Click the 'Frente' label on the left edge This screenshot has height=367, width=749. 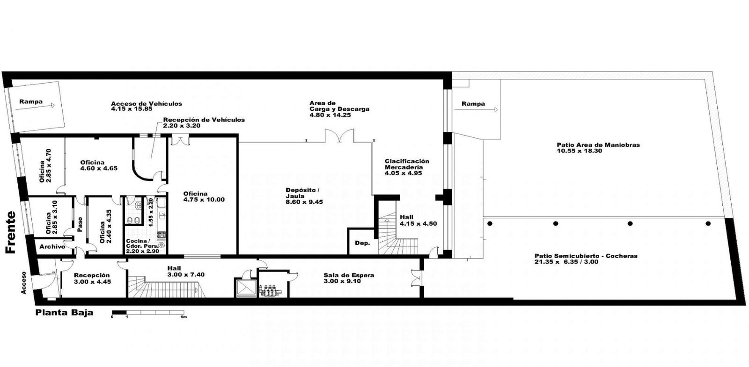pyautogui.click(x=11, y=232)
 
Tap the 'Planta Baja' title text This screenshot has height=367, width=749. pyautogui.click(x=64, y=313)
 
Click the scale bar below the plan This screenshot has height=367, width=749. pyautogui.click(x=148, y=313)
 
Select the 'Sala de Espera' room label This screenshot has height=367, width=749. pyautogui.click(x=349, y=275)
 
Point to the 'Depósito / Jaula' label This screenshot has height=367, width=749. pyautogui.click(x=302, y=193)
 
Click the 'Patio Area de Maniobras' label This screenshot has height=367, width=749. pyautogui.click(x=598, y=145)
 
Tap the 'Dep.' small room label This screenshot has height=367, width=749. pyautogui.click(x=362, y=243)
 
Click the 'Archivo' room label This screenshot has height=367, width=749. pyautogui.click(x=52, y=247)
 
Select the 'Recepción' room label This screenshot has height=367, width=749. pyautogui.click(x=92, y=275)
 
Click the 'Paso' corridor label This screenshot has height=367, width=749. pyautogui.click(x=80, y=224)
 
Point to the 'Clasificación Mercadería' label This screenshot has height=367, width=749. pyautogui.click(x=407, y=164)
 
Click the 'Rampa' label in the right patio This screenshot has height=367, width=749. pyautogui.click(x=473, y=104)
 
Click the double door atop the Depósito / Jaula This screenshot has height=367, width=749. pyautogui.click(x=339, y=136)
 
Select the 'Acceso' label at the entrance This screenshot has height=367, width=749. pyautogui.click(x=23, y=282)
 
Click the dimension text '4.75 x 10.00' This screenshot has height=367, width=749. pyautogui.click(x=204, y=200)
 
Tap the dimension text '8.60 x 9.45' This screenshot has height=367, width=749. pyautogui.click(x=304, y=202)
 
